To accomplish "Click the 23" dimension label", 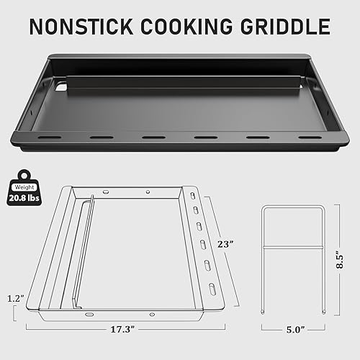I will pyautogui.click(x=225, y=244).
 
